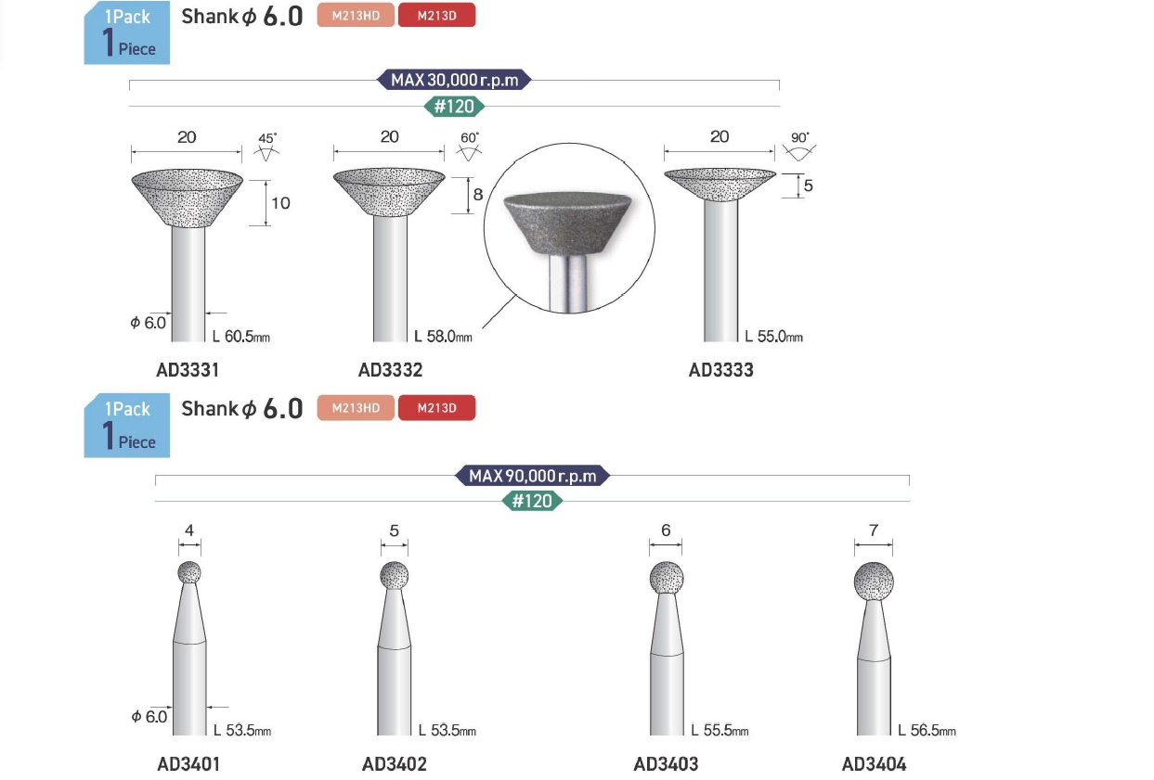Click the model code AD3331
[x=188, y=370]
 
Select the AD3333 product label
[x=720, y=370]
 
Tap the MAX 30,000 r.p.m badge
[x=454, y=80]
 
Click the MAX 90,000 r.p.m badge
[x=532, y=476]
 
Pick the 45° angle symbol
[x=266, y=147]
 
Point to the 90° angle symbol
[x=799, y=146]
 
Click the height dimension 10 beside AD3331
[x=280, y=203]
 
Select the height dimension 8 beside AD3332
[x=477, y=195]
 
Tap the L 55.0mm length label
[x=773, y=337]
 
